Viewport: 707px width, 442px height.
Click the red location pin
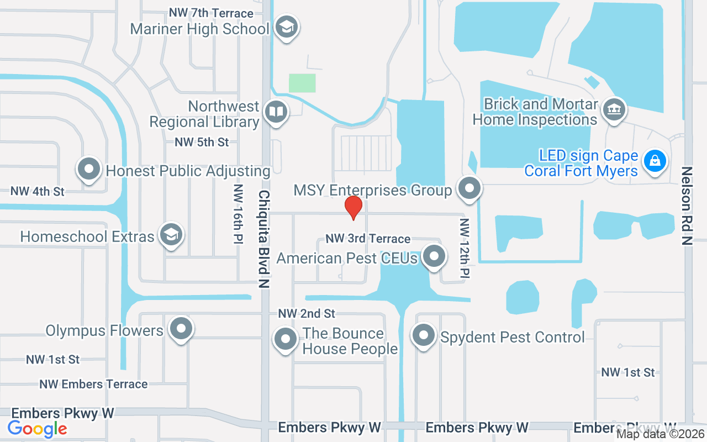coord(353,207)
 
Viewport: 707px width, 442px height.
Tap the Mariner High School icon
coord(286,27)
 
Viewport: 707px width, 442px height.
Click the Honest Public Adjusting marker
coord(89,169)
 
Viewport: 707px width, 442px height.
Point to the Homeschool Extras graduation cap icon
coord(171,235)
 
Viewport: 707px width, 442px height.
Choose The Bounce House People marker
coord(286,339)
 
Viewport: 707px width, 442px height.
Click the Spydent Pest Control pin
coord(424,335)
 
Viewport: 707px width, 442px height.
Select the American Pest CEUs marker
coord(434,256)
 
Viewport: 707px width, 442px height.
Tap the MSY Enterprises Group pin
coord(469,188)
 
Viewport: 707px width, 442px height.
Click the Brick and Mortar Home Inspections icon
coord(613,108)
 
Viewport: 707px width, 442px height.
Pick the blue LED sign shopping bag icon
coord(655,161)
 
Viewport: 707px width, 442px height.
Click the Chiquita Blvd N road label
coord(264,239)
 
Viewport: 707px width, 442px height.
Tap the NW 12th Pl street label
coord(464,248)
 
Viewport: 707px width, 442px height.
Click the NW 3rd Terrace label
coord(368,239)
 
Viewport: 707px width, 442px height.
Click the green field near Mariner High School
coord(302,83)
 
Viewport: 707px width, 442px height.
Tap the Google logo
coord(38,428)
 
